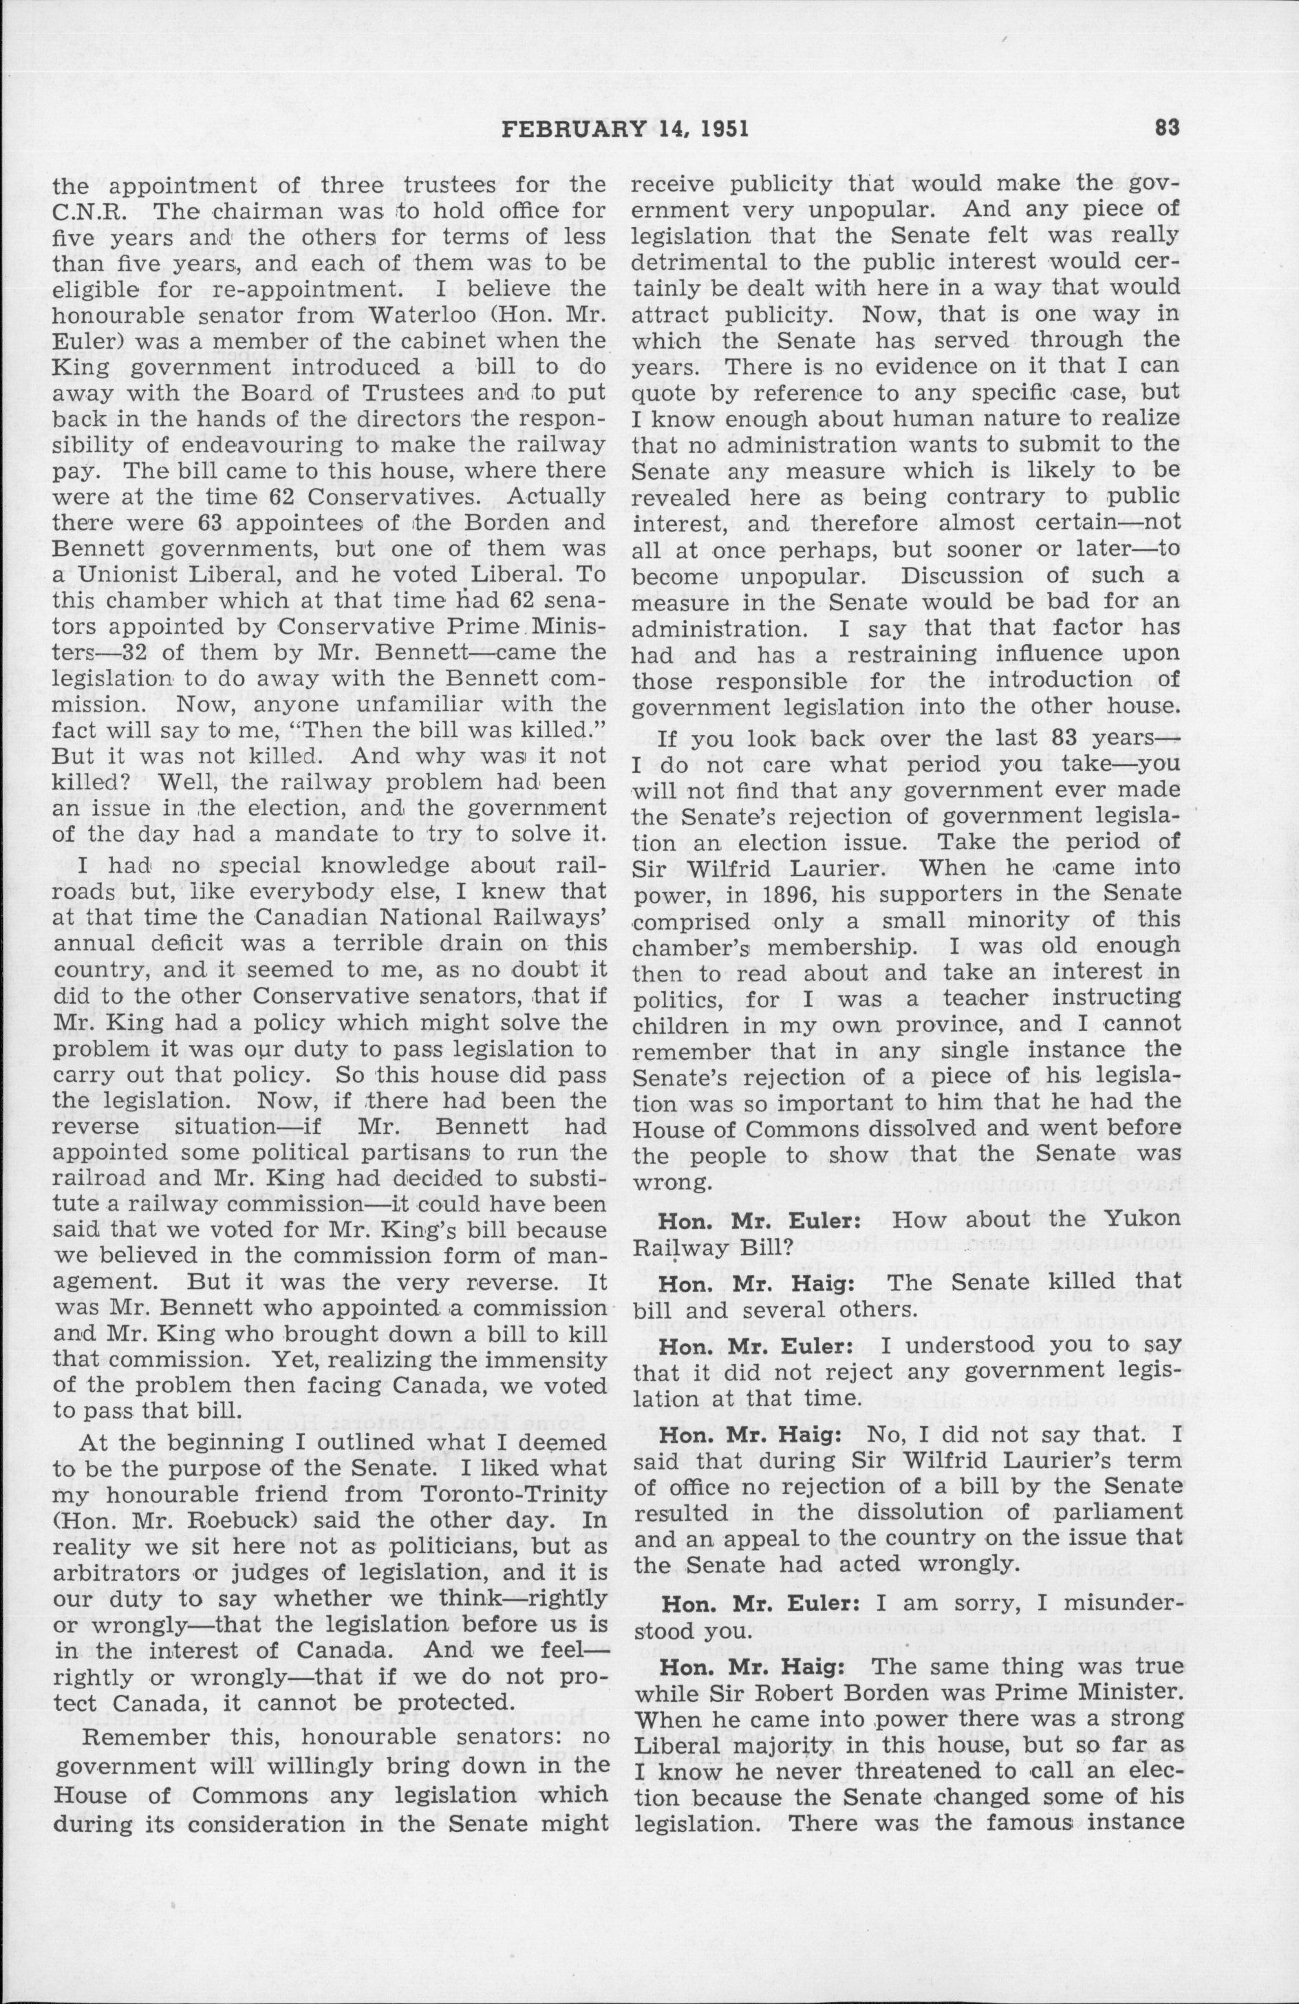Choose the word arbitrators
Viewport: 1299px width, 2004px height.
tap(105, 1548)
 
